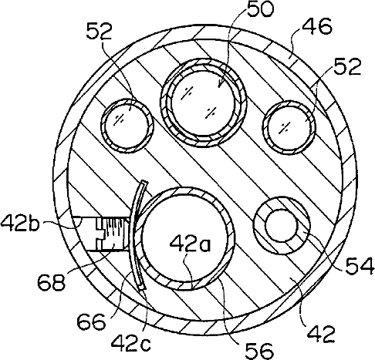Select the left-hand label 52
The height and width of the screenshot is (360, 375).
(100, 32)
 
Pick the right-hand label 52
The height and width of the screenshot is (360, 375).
(348, 66)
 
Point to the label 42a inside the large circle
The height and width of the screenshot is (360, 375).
(190, 244)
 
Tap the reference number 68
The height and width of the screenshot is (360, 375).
(51, 281)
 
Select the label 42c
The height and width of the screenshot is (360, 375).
(131, 344)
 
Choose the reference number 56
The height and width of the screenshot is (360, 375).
(258, 351)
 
